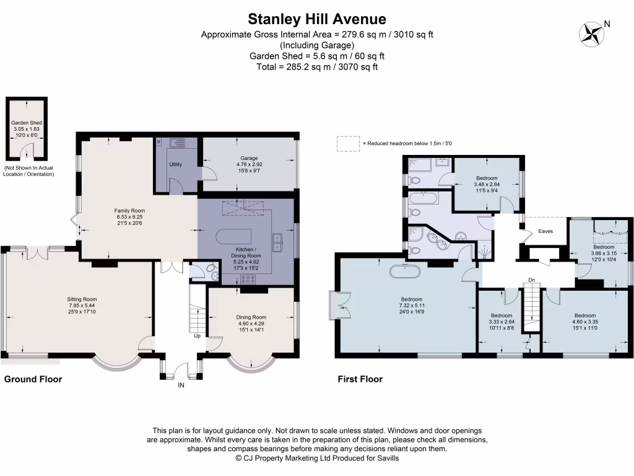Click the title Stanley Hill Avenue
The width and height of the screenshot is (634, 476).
click(x=317, y=19)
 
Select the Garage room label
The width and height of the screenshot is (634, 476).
click(x=250, y=158)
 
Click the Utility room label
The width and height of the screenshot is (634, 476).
click(x=175, y=164)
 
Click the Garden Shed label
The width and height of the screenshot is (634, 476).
click(x=26, y=123)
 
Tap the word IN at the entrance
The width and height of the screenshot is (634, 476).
click(x=181, y=386)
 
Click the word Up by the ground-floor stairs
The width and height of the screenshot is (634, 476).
click(x=197, y=336)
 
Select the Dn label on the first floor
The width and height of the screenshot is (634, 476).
click(x=531, y=280)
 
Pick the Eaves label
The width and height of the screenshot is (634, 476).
click(x=545, y=231)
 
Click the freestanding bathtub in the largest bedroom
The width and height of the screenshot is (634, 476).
click(x=406, y=271)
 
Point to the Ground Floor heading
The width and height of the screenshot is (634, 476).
click(x=33, y=379)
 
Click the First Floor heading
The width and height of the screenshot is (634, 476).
click(x=360, y=379)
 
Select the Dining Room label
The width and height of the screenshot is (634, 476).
click(x=251, y=317)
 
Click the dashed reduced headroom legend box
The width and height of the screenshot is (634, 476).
click(x=349, y=143)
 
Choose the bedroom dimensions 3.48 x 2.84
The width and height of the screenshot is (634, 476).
click(x=486, y=184)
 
